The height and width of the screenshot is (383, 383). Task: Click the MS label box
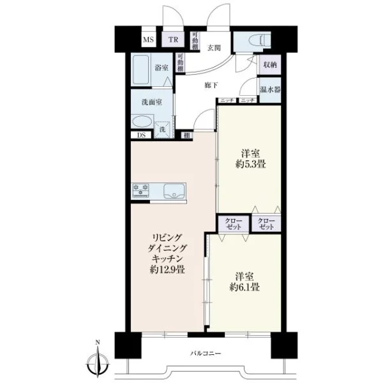point(149,40)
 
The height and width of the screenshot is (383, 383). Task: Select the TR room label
point(173,40)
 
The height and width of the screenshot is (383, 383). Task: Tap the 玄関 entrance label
point(214,48)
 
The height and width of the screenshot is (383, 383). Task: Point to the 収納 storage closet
point(270,64)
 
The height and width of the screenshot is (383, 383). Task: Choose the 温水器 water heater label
point(270,89)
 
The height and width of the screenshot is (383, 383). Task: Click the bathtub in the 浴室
point(141,70)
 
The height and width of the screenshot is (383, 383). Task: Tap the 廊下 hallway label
point(211,86)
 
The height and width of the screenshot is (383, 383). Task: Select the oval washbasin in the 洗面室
point(142,122)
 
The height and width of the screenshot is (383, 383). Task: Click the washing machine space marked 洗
point(163,130)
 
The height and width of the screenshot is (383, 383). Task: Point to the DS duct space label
point(141,135)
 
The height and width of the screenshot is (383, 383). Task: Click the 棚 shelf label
point(187,135)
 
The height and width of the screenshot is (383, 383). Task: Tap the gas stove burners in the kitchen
point(140,190)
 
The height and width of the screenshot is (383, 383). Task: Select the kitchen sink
point(174,191)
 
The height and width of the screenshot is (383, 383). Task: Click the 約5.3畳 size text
point(251,164)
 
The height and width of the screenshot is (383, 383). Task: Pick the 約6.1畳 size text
point(244,287)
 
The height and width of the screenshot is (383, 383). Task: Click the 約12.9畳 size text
point(167,269)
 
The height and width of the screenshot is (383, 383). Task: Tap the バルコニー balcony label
point(206,353)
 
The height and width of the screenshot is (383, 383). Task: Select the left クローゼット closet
point(234,224)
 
